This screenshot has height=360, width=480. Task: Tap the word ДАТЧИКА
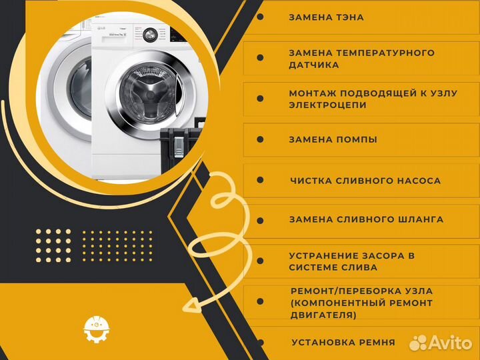tap(314, 65)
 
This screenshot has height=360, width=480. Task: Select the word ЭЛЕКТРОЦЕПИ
tap(327, 105)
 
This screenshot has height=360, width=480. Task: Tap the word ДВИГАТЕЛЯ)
tap(323, 315)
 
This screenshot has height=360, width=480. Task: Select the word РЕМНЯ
tap(377, 342)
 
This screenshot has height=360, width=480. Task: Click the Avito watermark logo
tap(441, 342)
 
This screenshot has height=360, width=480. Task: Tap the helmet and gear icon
tap(97, 329)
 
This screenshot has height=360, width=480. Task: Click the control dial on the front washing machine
tap(150, 35)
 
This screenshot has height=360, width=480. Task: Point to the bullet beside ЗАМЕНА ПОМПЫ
tap(260, 139)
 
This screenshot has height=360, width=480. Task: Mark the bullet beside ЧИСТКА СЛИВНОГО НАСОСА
tap(260, 180)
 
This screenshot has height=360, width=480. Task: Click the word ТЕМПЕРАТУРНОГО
tap(385, 53)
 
